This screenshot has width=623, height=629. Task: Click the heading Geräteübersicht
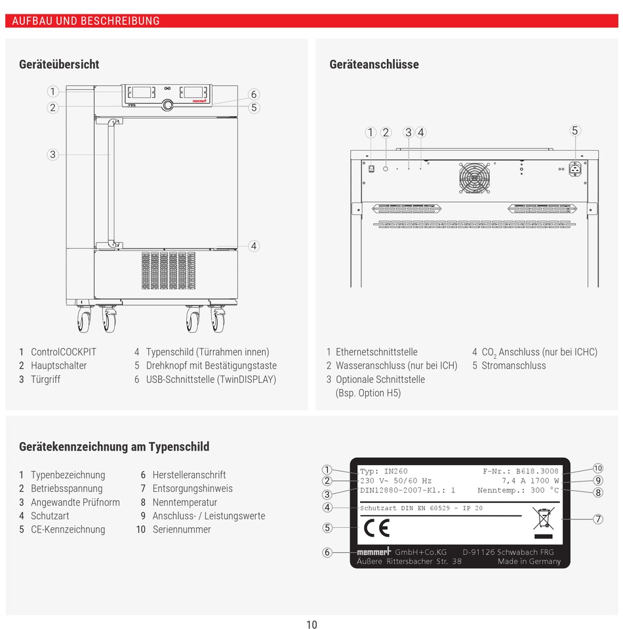coord(59,64)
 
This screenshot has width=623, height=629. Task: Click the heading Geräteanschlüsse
coord(374,64)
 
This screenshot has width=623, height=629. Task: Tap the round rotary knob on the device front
coord(167,104)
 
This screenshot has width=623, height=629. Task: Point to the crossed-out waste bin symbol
coord(544,518)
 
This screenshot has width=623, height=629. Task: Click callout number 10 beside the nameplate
coord(597,468)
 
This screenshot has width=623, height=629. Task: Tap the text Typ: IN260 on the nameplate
coord(384,471)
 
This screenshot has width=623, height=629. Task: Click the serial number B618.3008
coord(537,471)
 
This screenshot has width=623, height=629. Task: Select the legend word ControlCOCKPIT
coord(63,352)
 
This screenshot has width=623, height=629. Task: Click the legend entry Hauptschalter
coord(58,365)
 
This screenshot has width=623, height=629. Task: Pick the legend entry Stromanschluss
coord(513,365)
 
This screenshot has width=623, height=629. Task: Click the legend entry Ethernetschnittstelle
coord(376,352)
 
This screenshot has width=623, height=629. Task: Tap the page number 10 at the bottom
coord(311,624)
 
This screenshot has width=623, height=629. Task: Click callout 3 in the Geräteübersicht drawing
coord(52,155)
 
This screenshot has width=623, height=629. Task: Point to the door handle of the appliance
coord(112,184)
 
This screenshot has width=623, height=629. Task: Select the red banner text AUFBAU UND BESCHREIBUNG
coord(86,21)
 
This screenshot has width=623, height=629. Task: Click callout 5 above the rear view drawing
coord(575,131)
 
